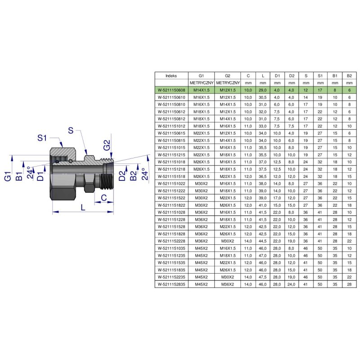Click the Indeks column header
click(171, 76)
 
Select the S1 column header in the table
click(320, 76)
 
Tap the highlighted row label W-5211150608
click(171, 90)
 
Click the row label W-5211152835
click(171, 284)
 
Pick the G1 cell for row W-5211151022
click(201, 184)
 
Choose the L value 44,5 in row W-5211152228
click(263, 241)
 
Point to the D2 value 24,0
click(291, 284)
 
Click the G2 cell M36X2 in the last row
click(228, 284)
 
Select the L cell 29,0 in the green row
click(263, 90)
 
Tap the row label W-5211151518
click(171, 176)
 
